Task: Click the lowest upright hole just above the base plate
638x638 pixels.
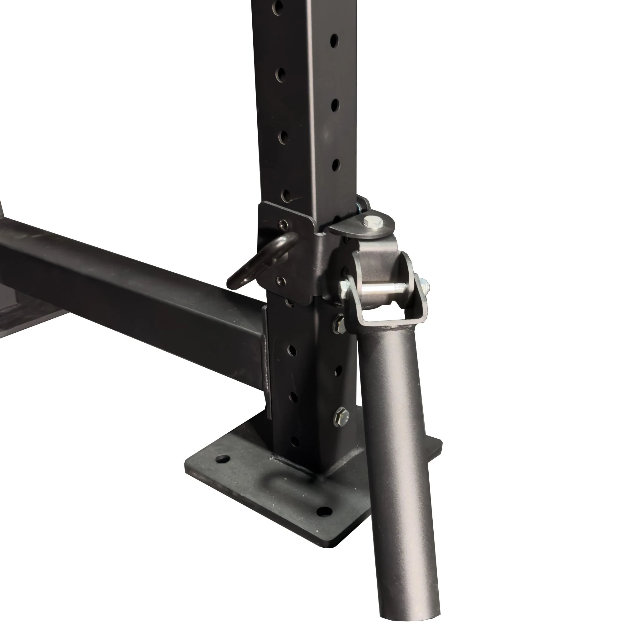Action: pos(295,441)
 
